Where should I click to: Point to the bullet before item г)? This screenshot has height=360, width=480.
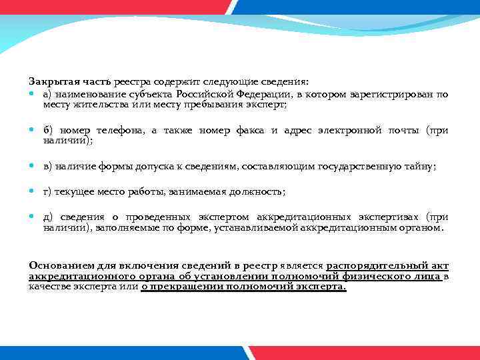click(x=33, y=192)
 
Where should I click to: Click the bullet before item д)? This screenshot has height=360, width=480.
click(x=33, y=217)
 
